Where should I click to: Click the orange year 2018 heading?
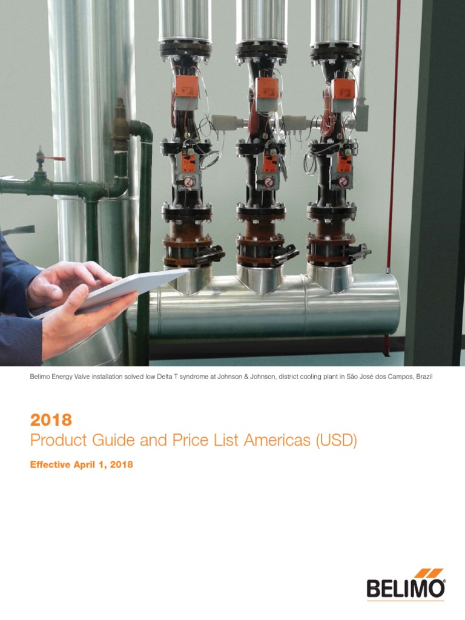pyautogui.click(x=51, y=420)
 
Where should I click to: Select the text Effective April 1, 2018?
pyautogui.click(x=81, y=465)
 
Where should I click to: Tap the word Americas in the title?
pyautogui.click(x=276, y=441)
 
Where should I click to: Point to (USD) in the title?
pyautogui.click(x=335, y=441)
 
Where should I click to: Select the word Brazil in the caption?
pyautogui.click(x=423, y=377)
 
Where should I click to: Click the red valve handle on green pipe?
pyautogui.click(x=56, y=159)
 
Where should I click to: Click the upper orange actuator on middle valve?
pyautogui.click(x=267, y=87)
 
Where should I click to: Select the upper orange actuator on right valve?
pyautogui.click(x=344, y=87)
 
